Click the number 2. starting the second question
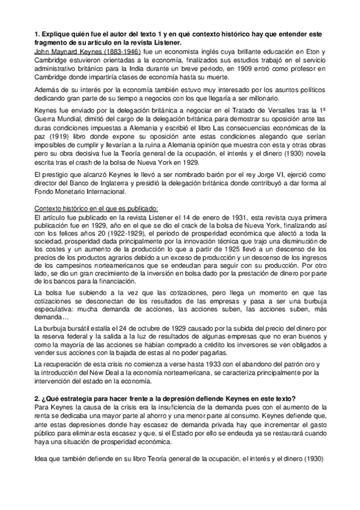[37, 401]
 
